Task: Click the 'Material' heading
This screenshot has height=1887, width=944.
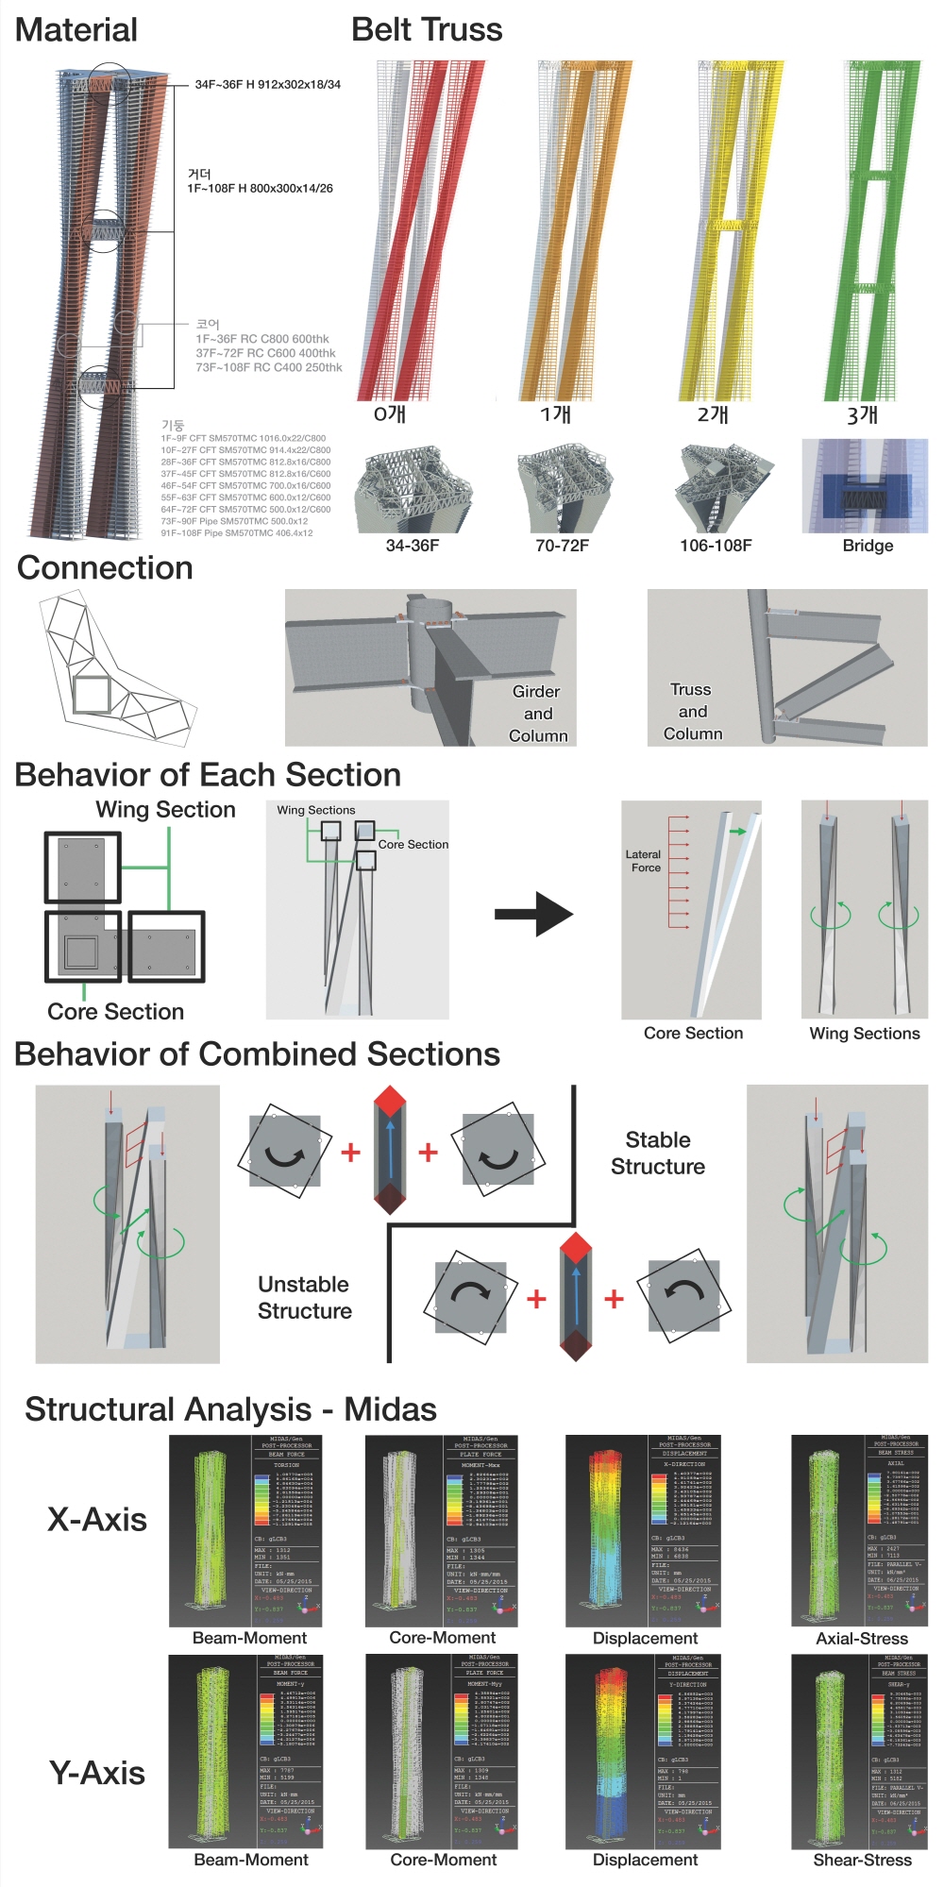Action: pos(76,30)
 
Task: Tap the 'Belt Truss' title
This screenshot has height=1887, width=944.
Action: pos(427,30)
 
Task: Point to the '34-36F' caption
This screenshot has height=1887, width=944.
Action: pos(413,546)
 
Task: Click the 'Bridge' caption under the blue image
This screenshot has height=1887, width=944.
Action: pos(868,546)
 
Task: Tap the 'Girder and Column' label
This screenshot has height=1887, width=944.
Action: pos(538,714)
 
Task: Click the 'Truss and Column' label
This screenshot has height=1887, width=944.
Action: pos(692,712)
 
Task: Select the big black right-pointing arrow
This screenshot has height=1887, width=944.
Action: pos(534,914)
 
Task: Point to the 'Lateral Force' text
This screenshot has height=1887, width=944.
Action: pos(644,861)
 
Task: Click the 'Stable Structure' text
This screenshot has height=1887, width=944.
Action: pos(658,1154)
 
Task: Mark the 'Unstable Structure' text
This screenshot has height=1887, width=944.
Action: pos(304,1298)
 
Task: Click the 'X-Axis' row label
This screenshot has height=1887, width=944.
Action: pos(97,1520)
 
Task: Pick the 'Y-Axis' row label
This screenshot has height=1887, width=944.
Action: pos(97,1773)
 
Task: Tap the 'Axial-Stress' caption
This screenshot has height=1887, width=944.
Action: pos(862,1639)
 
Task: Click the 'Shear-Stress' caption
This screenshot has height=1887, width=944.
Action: pos(862,1860)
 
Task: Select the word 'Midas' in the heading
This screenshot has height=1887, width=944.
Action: pos(390,1409)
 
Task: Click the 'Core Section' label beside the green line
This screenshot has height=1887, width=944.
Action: pos(116,1012)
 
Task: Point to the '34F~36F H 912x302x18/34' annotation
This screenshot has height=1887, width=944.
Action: pos(268,85)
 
